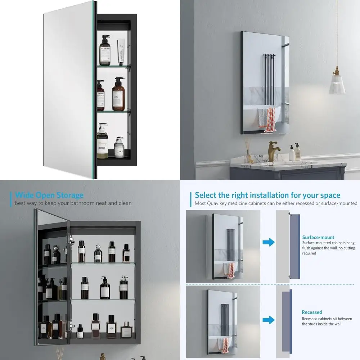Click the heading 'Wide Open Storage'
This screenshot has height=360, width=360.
click(x=49, y=195)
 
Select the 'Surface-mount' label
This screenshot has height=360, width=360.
click(x=318, y=237)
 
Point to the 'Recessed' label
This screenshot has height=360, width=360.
click(x=312, y=312)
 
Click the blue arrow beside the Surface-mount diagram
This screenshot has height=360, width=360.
click(x=268, y=242)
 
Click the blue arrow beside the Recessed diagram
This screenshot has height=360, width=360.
click(x=268, y=319)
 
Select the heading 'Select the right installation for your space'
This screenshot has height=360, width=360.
click(x=267, y=195)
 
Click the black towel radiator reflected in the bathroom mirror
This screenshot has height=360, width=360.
click(x=269, y=77)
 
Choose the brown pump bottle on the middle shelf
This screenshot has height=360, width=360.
click(x=118, y=95)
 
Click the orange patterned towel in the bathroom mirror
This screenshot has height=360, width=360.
click(x=268, y=120)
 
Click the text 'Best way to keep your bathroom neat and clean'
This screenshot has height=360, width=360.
click(x=73, y=203)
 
